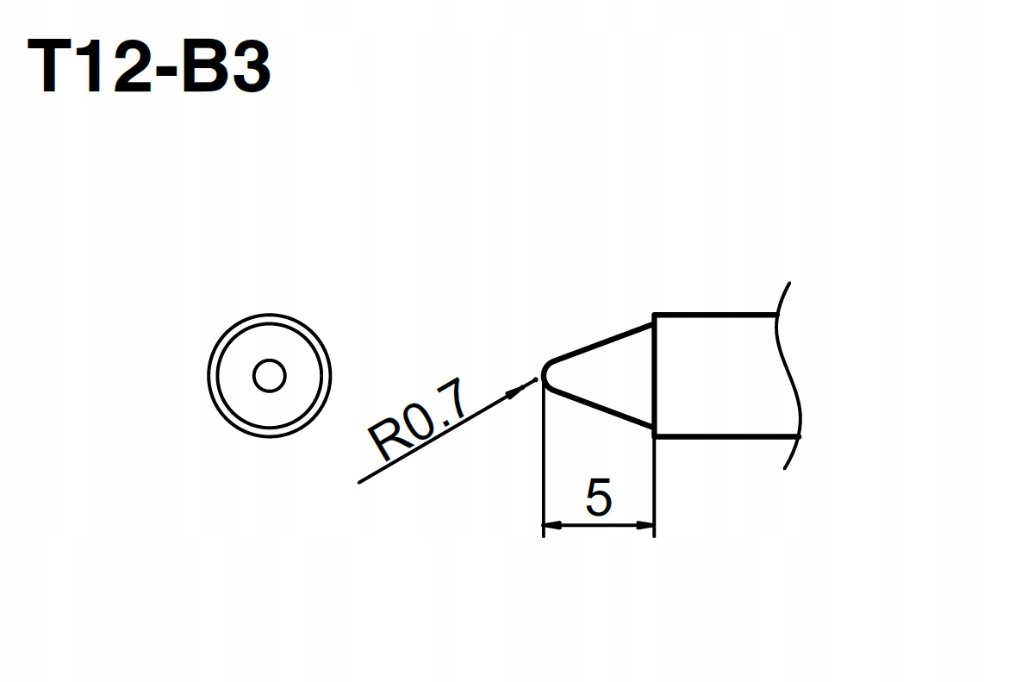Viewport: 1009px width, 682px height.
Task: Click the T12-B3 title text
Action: [149, 66]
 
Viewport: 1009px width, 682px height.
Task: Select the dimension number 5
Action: [599, 497]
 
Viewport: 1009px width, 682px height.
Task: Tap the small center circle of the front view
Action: [270, 376]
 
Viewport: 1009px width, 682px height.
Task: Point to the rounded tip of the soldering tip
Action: [545, 373]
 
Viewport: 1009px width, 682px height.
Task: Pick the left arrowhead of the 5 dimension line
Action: [552, 525]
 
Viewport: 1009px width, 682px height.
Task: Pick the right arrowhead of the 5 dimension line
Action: [645, 525]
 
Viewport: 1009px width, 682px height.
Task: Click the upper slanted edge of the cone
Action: [601, 342]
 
